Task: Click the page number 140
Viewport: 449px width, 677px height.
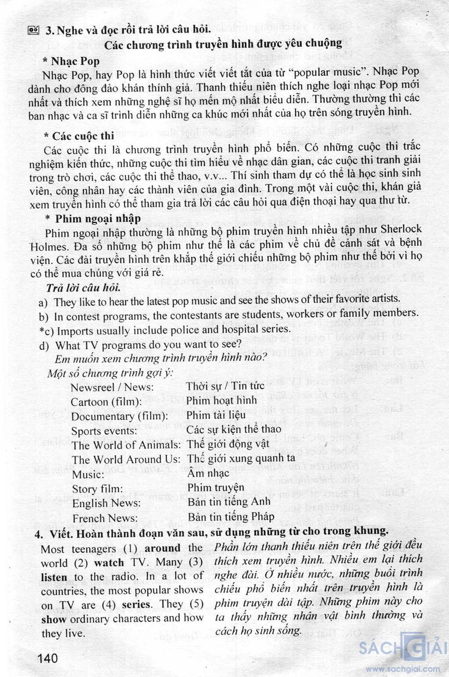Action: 48,658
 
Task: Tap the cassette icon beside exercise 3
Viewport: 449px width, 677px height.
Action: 33,30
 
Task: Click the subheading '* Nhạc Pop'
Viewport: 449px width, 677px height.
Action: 71,61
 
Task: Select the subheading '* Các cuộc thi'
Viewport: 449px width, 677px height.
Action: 79,136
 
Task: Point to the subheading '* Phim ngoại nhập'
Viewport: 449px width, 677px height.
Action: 93,218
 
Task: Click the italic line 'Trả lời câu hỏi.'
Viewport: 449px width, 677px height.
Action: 83,288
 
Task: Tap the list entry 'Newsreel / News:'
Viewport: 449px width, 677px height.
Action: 112,387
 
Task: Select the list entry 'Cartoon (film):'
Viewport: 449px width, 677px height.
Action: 106,402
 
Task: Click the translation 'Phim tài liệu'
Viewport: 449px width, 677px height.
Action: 216,415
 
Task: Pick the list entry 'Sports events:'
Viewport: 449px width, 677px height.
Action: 104,431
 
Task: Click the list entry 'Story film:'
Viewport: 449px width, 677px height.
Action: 97,489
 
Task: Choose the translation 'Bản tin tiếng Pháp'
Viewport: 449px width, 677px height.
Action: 231,517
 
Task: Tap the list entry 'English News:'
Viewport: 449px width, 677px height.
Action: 107,503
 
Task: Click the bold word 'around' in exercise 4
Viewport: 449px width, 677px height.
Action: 162,548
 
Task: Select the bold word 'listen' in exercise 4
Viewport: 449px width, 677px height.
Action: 54,578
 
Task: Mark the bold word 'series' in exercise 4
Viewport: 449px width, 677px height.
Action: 137,605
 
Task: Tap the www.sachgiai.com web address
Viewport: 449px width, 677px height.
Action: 403,669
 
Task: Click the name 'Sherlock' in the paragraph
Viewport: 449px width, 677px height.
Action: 401,229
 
